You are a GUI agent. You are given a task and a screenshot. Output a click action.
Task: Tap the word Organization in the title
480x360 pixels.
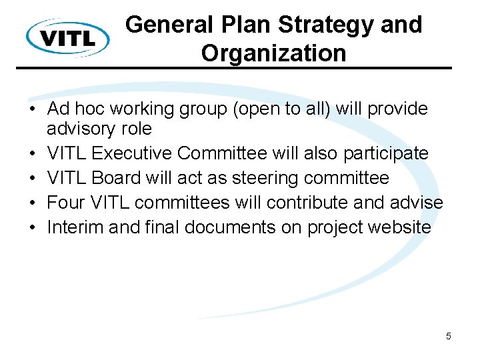click(x=273, y=53)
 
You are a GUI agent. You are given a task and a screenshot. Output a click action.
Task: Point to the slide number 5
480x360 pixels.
click(x=449, y=336)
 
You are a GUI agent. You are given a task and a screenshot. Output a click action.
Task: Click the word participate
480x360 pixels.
click(x=385, y=153)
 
